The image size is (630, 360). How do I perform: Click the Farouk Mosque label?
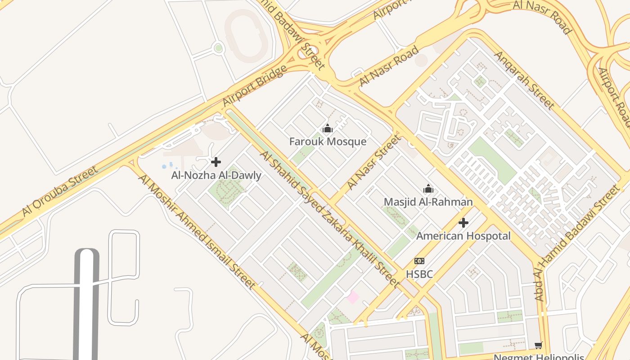(x=328, y=142)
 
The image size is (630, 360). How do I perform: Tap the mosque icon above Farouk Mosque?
(x=328, y=129)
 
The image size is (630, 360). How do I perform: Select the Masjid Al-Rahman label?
(x=428, y=202)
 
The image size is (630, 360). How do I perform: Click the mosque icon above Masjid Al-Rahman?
(x=428, y=189)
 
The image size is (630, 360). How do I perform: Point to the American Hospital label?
(x=463, y=236)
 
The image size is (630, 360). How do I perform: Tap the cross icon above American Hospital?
(x=463, y=223)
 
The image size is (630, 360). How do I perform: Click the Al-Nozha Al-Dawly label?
(x=216, y=175)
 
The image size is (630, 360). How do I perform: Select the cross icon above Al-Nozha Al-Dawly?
(x=216, y=162)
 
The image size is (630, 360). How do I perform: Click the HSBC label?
(x=419, y=274)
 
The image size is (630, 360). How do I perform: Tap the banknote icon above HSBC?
(x=419, y=261)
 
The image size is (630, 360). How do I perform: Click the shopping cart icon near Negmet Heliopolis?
(x=538, y=346)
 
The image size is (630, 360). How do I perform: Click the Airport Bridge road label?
(x=255, y=86)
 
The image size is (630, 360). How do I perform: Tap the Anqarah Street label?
(x=525, y=80)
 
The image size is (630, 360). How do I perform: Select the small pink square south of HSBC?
(x=352, y=297)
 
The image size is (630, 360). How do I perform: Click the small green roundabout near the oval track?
(x=218, y=48)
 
